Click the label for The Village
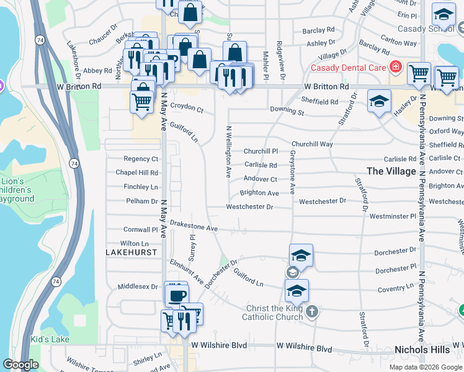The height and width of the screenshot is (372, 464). point(391,171)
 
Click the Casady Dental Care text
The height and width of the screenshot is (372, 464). point(348,68)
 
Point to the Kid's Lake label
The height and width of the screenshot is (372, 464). point(50,340)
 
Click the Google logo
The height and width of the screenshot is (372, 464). point(20,365)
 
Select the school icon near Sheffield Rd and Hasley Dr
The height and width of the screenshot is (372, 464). point(379,102)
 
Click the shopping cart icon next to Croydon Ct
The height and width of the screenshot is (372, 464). point(142,102)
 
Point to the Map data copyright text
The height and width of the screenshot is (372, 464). point(425,367)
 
